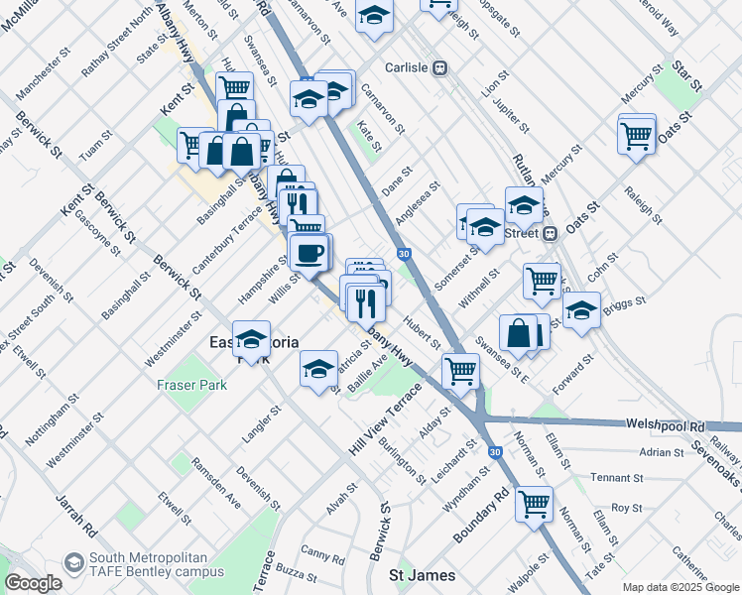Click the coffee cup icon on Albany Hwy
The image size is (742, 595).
click(x=309, y=253)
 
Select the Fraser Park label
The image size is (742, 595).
click(x=185, y=385)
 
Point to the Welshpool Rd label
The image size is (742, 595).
click(x=664, y=423)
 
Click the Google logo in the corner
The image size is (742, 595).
click(x=33, y=583)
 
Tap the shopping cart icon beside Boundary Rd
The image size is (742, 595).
click(x=534, y=504)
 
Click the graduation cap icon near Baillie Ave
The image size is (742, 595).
click(x=318, y=369)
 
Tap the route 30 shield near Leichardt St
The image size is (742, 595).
click(x=493, y=451)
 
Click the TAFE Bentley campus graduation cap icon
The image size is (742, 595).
click(x=73, y=562)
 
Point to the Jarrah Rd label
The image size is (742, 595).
click(x=75, y=511)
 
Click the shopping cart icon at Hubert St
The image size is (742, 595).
click(x=460, y=371)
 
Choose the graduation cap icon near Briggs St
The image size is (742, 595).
click(x=581, y=309)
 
